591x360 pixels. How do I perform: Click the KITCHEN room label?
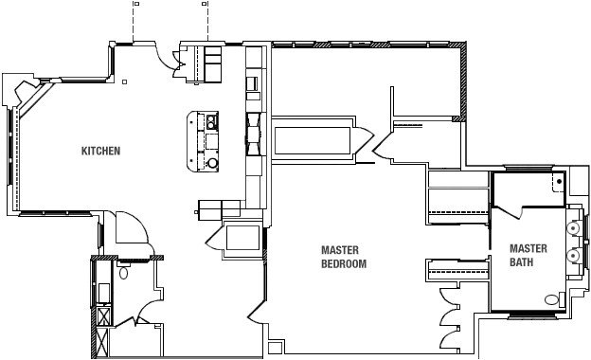coord(100,152)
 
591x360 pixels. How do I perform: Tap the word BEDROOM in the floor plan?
coord(343,264)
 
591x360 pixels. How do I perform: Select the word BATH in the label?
coord(522,261)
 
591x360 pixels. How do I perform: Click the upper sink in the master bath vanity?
coord(573,228)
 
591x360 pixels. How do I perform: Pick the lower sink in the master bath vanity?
coord(573,256)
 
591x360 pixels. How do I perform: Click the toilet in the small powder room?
coord(124,273)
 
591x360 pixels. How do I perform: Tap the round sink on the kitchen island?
coord(212,163)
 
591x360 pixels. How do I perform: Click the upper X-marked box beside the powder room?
coord(102,317)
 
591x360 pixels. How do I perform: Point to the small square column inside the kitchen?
coord(124,82)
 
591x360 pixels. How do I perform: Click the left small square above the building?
coord(136,3)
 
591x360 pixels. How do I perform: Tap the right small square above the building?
coord(204,3)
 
